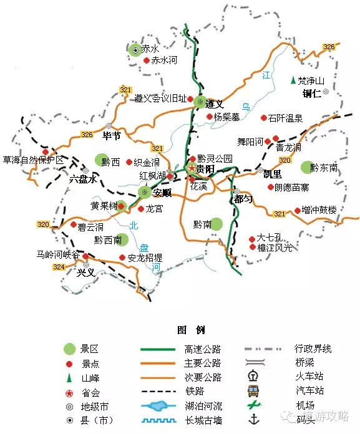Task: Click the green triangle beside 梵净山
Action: pyautogui.click(x=293, y=80)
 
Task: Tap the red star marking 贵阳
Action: pyautogui.click(x=192, y=169)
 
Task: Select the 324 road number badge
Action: pyautogui.click(x=59, y=267)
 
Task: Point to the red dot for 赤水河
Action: pyautogui.click(x=147, y=60)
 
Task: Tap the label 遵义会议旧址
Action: pyautogui.click(x=160, y=99)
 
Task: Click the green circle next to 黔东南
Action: pyautogui.click(x=306, y=167)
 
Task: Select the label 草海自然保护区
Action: pyautogui.click(x=34, y=160)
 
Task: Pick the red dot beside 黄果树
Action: pyautogui.click(x=122, y=206)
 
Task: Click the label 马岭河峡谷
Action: pyautogui.click(x=58, y=255)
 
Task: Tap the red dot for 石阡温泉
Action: pyautogui.click(x=264, y=117)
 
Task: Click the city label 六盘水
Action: pyautogui.click(x=83, y=179)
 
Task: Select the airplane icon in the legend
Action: pyautogui.click(x=253, y=406)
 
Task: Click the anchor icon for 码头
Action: pyautogui.click(x=253, y=420)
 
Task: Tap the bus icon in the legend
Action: pyautogui.click(x=253, y=391)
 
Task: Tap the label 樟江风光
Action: pyautogui.click(x=275, y=248)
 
